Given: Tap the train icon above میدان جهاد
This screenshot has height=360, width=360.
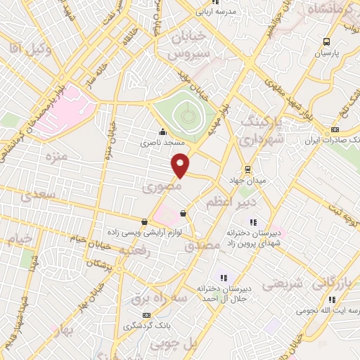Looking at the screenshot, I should coord(247,169).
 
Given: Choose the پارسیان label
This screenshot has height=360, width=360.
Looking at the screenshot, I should coord(326,53).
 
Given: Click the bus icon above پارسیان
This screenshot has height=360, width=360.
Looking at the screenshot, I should coord(326,41).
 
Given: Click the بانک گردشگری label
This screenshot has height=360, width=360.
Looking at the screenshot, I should coord(146,326).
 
